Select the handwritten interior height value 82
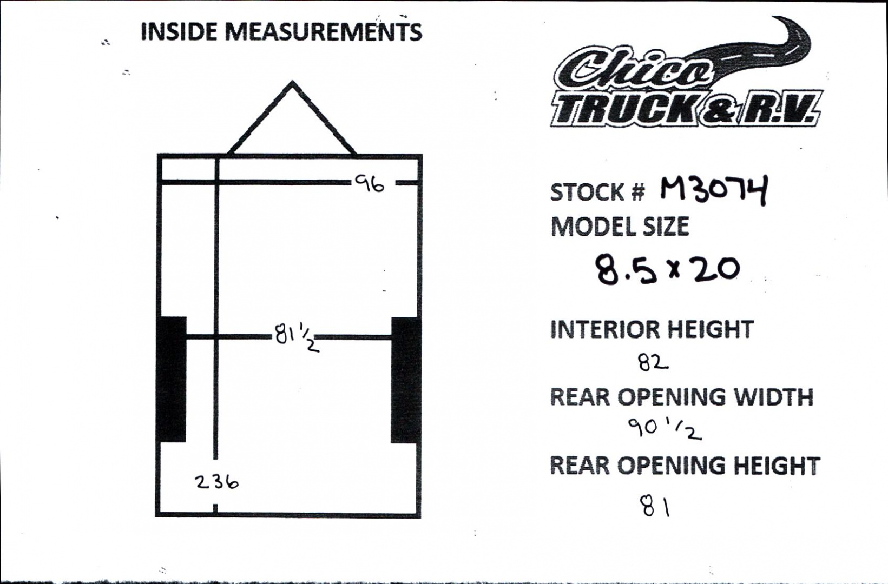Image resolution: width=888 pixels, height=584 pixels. tap(653, 362)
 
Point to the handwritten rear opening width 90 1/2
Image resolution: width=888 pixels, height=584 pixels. tap(665, 429)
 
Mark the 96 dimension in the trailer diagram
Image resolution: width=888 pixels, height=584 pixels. tap(370, 184)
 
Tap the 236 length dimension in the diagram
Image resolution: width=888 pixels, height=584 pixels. tap(217, 482)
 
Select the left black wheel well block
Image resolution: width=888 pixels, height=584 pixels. tap(171, 379)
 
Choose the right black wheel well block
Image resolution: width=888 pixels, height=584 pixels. tap(405, 380)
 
